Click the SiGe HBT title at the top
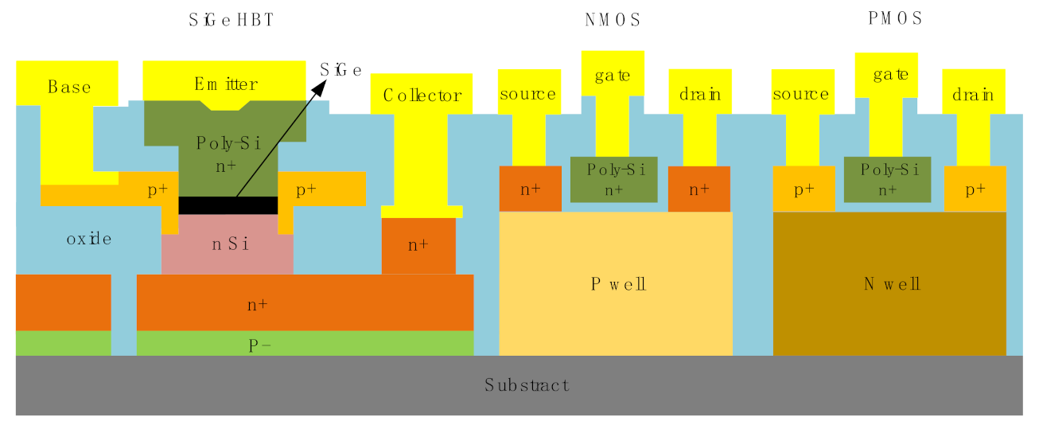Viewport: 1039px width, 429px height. click(232, 21)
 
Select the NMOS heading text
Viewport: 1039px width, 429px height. click(612, 21)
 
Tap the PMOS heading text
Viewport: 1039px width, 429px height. click(895, 18)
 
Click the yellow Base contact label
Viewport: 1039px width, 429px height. click(69, 87)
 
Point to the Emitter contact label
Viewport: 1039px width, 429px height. click(225, 84)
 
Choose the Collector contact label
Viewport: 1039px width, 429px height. click(422, 96)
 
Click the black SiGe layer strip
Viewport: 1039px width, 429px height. click(228, 205)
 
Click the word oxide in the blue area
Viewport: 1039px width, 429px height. click(89, 239)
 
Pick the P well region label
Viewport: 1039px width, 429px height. click(618, 284)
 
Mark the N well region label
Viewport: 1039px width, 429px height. click(892, 284)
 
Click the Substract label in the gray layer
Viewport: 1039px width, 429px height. click(527, 385)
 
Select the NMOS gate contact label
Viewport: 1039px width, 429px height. click(613, 76)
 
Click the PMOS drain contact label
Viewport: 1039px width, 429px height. click(973, 95)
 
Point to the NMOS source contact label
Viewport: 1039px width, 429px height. click(528, 94)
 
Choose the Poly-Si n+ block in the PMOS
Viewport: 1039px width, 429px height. click(887, 179)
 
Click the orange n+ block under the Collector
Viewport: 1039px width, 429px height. click(418, 246)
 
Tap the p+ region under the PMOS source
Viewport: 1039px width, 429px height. click(804, 189)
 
